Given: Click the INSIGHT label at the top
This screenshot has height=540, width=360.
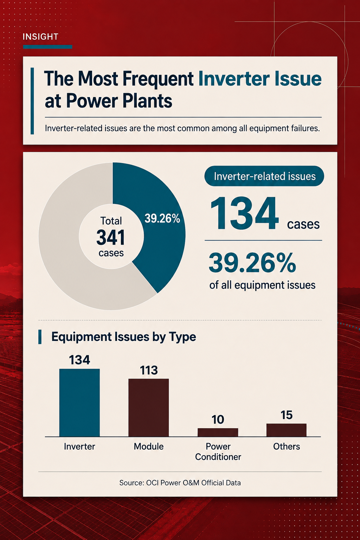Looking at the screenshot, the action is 40,37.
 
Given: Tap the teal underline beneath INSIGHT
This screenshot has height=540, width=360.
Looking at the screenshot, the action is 47,47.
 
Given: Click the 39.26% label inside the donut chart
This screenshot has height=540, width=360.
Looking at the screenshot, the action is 162,218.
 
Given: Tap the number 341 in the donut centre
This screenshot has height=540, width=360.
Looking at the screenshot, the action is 111,237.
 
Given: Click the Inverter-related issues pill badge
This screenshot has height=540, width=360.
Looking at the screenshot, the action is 264,176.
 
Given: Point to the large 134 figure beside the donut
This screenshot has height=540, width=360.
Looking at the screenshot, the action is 244,213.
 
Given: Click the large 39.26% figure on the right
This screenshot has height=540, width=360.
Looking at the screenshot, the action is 252,263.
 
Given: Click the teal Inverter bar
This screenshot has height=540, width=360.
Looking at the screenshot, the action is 79,403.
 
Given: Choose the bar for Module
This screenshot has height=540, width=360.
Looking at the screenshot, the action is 148,408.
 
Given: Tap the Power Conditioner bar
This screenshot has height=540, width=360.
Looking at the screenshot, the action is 218,432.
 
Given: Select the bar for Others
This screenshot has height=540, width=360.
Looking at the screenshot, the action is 287,430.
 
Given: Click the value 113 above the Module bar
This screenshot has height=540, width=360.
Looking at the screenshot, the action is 149,370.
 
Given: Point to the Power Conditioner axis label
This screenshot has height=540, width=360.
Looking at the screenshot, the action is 218,451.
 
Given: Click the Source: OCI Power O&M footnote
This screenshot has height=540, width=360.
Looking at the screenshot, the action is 180,483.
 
